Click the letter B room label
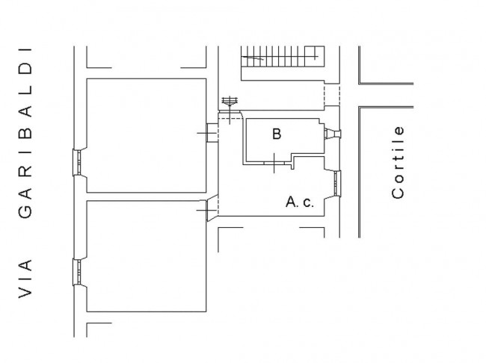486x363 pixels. (277, 134)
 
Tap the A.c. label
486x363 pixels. (300, 202)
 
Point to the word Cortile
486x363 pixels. (399, 162)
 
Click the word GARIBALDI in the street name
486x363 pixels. (25, 133)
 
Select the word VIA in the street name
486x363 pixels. (25, 279)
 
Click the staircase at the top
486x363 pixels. (283, 57)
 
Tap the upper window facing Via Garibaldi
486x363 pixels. (79, 163)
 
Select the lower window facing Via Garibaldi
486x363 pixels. (79, 272)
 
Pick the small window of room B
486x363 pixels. (332, 134)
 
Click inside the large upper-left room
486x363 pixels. (147, 136)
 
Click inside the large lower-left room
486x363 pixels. (147, 256)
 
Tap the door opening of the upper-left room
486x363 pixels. (212, 133)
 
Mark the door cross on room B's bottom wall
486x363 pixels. (274, 163)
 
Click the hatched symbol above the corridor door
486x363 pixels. (230, 101)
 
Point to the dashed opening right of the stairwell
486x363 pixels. (332, 96)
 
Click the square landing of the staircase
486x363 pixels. (314, 56)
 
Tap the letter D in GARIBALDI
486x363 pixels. (25, 69)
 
